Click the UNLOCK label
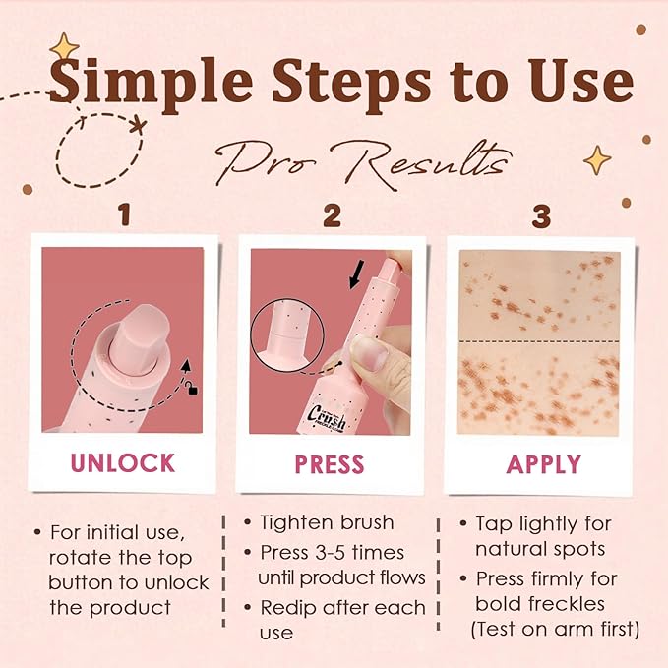(x=123, y=463)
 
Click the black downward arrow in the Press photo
(x=355, y=273)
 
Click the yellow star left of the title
(x=65, y=46)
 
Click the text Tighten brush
(x=326, y=522)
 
